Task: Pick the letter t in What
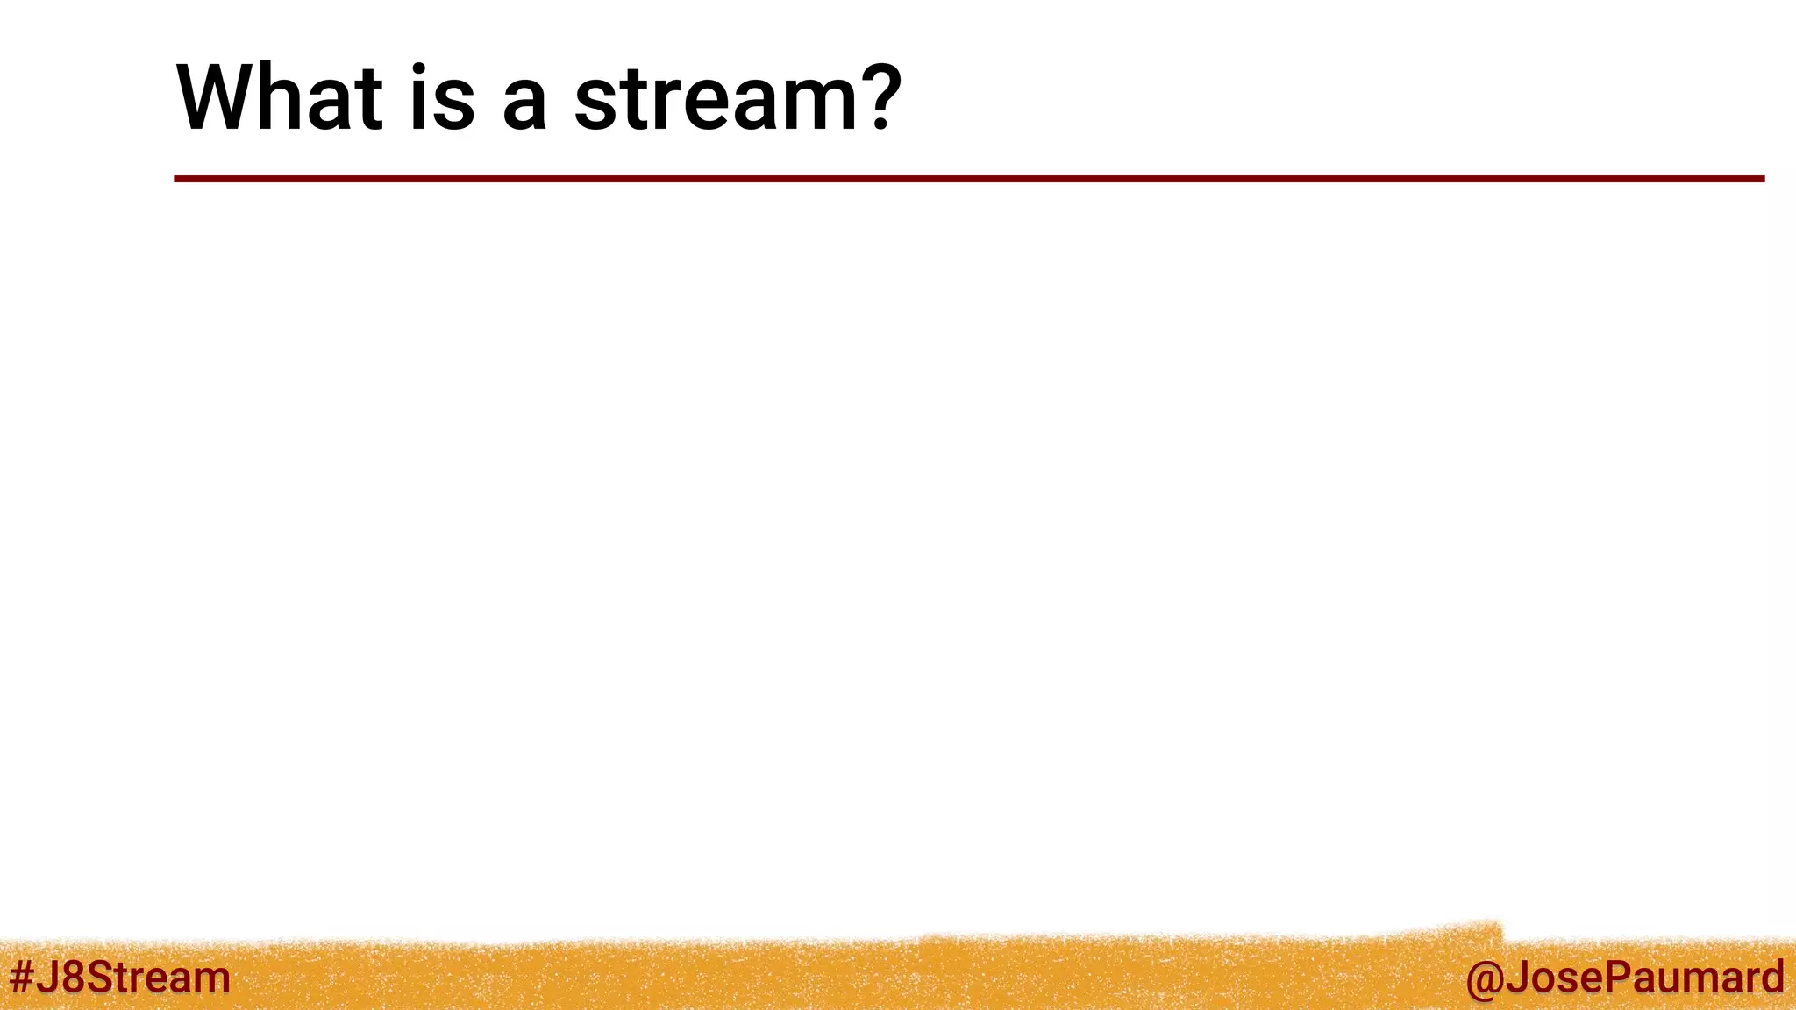tap(367, 99)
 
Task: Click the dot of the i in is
tap(419, 68)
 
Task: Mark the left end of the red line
tap(176, 179)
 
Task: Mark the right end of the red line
tap(1762, 179)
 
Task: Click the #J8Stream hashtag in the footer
tap(119, 977)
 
